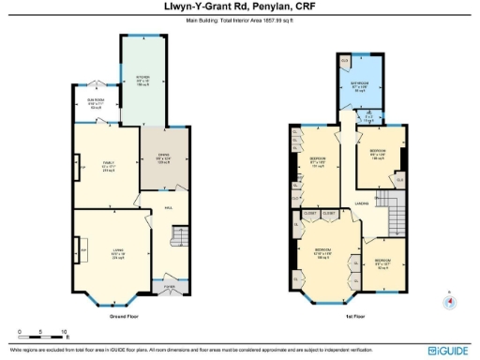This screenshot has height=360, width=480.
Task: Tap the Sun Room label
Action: pos(97,103)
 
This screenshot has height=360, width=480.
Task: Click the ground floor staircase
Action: pos(181,237)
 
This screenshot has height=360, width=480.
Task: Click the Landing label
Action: pos(361,198)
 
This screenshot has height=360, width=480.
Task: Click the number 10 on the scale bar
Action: pos(64,332)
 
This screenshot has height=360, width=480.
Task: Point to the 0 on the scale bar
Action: pos(20,332)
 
